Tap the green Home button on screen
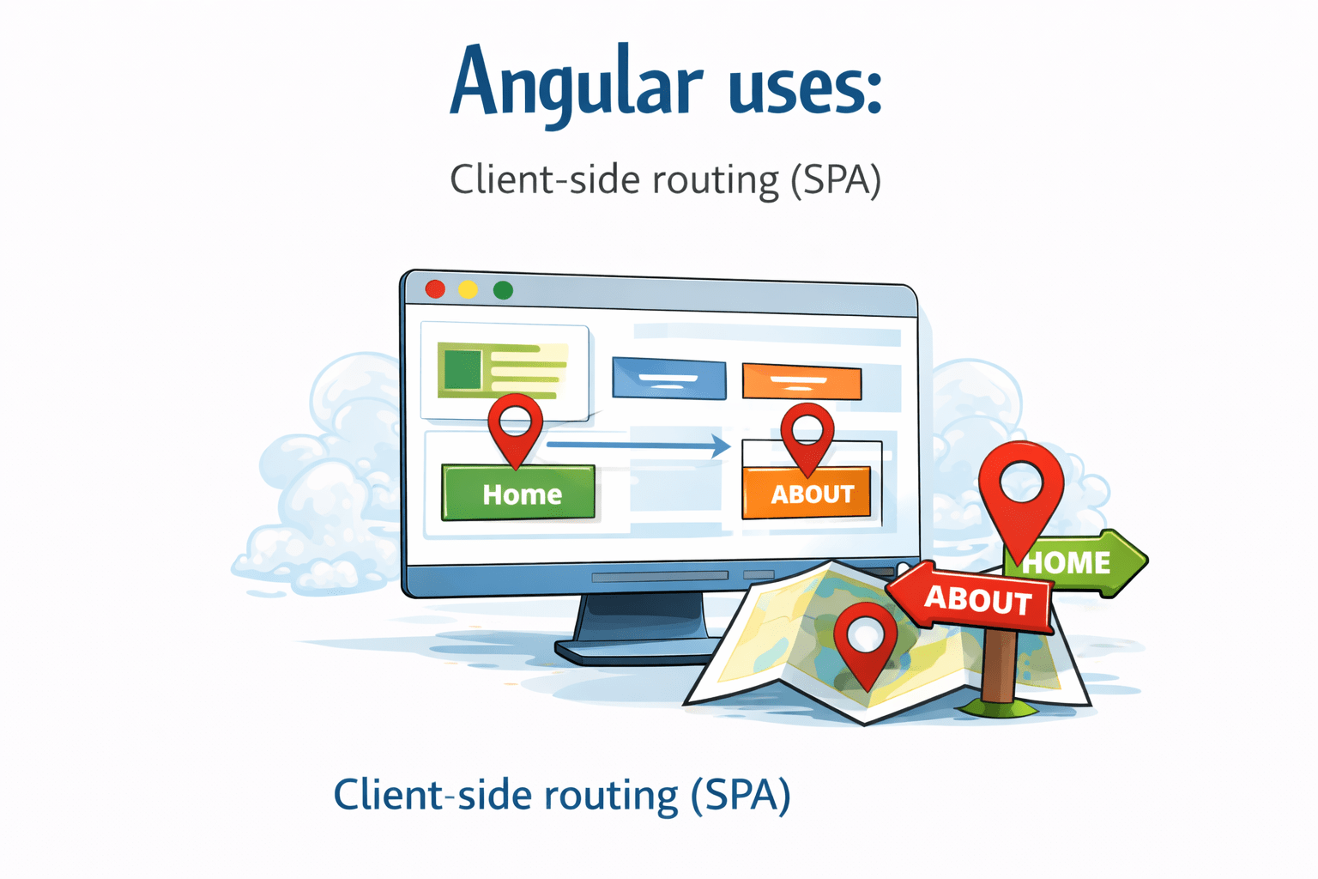click(x=518, y=494)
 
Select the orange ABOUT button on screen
click(x=807, y=494)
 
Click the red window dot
click(x=435, y=289)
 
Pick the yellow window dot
click(x=468, y=290)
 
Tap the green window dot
click(x=503, y=291)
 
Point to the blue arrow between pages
click(x=638, y=445)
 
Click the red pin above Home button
click(x=515, y=426)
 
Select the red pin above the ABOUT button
click(x=807, y=434)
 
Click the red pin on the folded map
click(x=865, y=640)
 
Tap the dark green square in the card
click(x=463, y=369)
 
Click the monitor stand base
click(x=635, y=650)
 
